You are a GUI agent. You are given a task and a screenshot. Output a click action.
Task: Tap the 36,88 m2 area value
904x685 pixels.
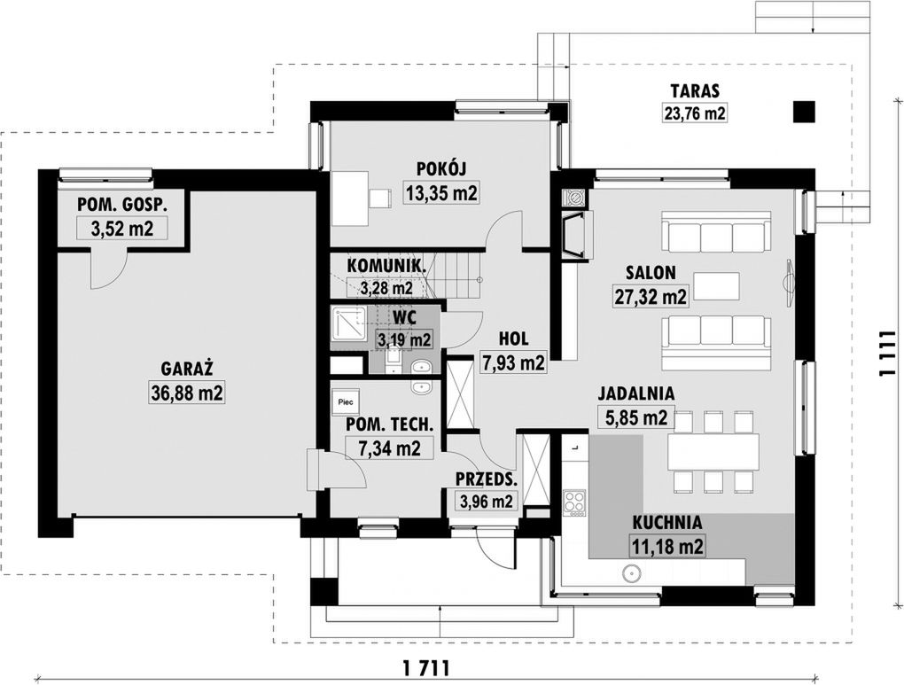[187, 393]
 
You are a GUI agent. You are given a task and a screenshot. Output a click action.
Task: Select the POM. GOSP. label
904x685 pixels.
[122, 204]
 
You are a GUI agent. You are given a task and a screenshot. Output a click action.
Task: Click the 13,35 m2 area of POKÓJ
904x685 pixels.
[441, 193]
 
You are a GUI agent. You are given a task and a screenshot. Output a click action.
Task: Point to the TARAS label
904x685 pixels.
[695, 91]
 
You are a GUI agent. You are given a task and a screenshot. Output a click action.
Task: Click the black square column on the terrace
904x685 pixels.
[804, 112]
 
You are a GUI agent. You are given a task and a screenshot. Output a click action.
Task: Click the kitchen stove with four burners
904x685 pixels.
[575, 501]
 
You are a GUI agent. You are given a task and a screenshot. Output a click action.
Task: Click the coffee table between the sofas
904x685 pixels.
[717, 286]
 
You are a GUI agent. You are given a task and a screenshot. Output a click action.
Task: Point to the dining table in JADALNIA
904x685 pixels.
[713, 451]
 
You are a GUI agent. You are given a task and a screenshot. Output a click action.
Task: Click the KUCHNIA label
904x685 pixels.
[667, 523]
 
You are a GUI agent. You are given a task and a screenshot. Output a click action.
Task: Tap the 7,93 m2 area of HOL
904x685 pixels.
[513, 362]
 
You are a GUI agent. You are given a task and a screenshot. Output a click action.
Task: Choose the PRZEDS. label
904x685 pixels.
[486, 479]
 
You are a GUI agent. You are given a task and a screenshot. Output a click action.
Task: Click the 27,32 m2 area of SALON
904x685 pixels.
[650, 297]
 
